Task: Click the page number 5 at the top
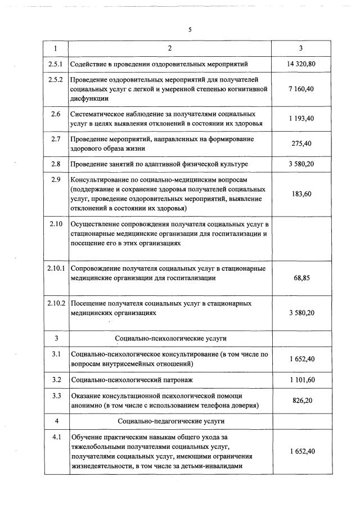tap(190, 29)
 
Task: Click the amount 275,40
tap(301, 144)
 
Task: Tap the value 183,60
tap(301, 194)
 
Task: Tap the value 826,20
tap(301, 400)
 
